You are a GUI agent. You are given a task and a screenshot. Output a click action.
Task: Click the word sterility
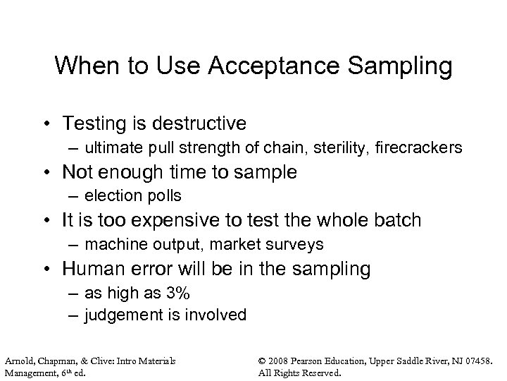click(341, 148)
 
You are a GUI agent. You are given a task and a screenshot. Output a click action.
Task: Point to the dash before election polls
click(75, 195)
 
